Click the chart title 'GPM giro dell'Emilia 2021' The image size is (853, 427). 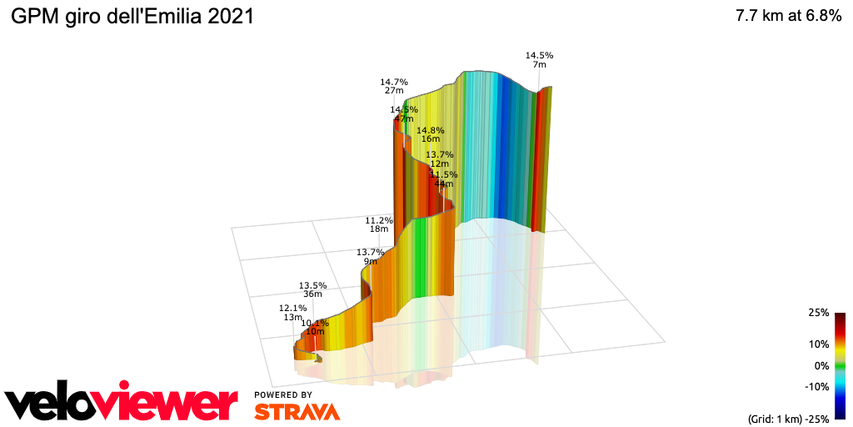pos(132,17)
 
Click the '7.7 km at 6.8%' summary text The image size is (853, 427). pos(788,17)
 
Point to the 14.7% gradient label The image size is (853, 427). pos(393,82)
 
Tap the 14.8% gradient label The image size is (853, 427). pos(431,130)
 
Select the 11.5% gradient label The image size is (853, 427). pos(443,174)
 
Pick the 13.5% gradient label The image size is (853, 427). pos(312,284)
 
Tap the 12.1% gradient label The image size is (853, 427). pos(292,308)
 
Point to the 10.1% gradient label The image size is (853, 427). pos(315,323)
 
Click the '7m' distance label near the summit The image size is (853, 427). pos(539,64)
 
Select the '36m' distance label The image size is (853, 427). pos(313,294)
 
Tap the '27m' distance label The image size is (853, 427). pos(394,91)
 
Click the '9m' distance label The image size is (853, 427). pos(370,261)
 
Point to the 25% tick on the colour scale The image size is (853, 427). pos(818,313)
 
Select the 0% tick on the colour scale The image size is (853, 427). pos(821,365)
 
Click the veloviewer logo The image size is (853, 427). pos(121,402)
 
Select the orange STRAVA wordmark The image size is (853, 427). pos(297,411)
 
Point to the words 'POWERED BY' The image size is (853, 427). pos(283,394)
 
